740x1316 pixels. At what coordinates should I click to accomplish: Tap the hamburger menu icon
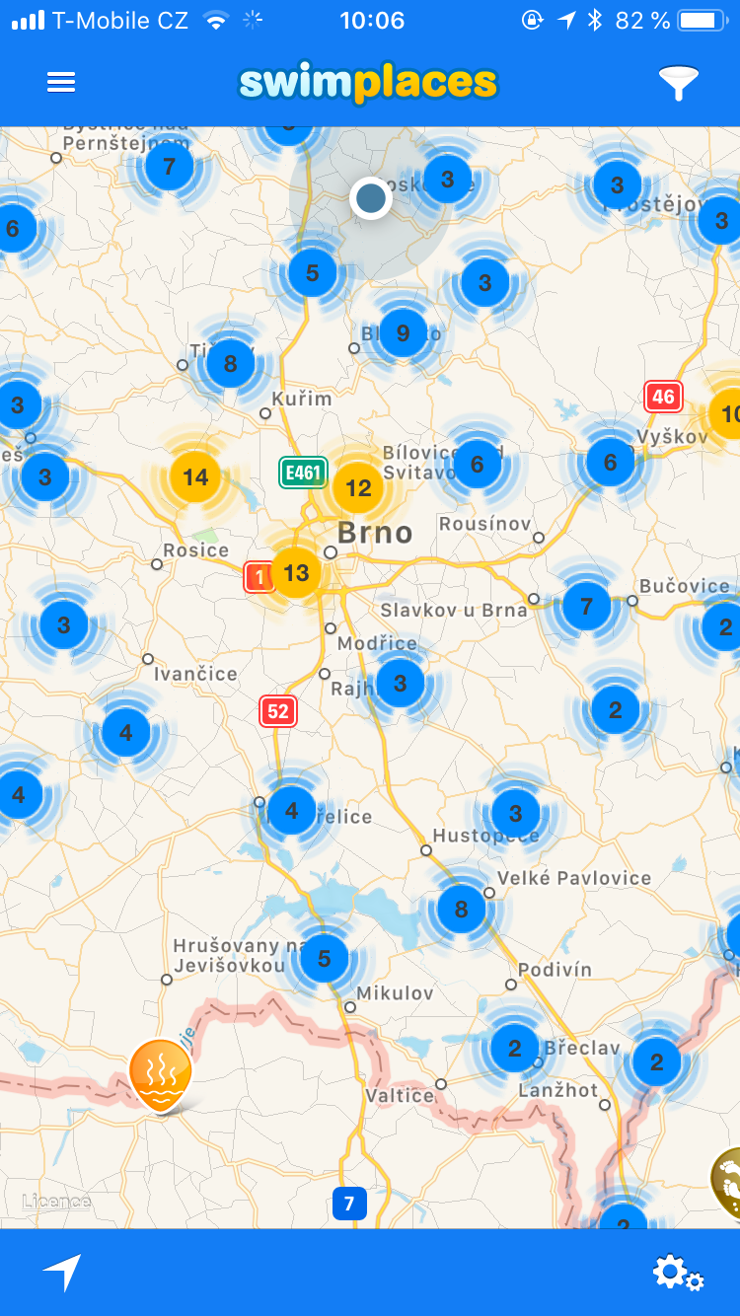[x=61, y=83]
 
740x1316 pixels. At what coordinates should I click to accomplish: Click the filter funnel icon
[x=678, y=83]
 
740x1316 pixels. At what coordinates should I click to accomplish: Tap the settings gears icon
[x=677, y=1273]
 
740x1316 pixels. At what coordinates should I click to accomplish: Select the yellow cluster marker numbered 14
[x=195, y=477]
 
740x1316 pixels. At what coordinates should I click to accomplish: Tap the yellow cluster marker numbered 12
[x=358, y=487]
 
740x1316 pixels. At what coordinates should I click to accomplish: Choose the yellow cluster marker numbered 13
[x=296, y=572]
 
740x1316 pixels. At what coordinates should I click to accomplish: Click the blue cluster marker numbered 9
[x=403, y=333]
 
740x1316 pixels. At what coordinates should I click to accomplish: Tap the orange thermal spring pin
[x=160, y=1073]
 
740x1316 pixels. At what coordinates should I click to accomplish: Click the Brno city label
[x=375, y=533]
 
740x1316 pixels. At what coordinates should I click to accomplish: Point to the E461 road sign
[x=302, y=473]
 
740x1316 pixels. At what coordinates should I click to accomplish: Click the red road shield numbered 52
[x=278, y=710]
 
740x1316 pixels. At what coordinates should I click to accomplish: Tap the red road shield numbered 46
[x=663, y=398]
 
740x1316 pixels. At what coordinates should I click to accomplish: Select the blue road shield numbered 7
[x=349, y=1204]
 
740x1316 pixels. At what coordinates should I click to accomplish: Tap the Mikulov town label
[x=395, y=993]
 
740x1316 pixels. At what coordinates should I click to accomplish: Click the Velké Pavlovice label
[x=574, y=878]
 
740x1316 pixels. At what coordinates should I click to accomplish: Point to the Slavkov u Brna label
[x=454, y=610]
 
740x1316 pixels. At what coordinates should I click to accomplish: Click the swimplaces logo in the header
[x=368, y=83]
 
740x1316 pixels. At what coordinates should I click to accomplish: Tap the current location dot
[x=371, y=198]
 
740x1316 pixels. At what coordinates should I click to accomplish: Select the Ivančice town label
[x=195, y=675]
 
